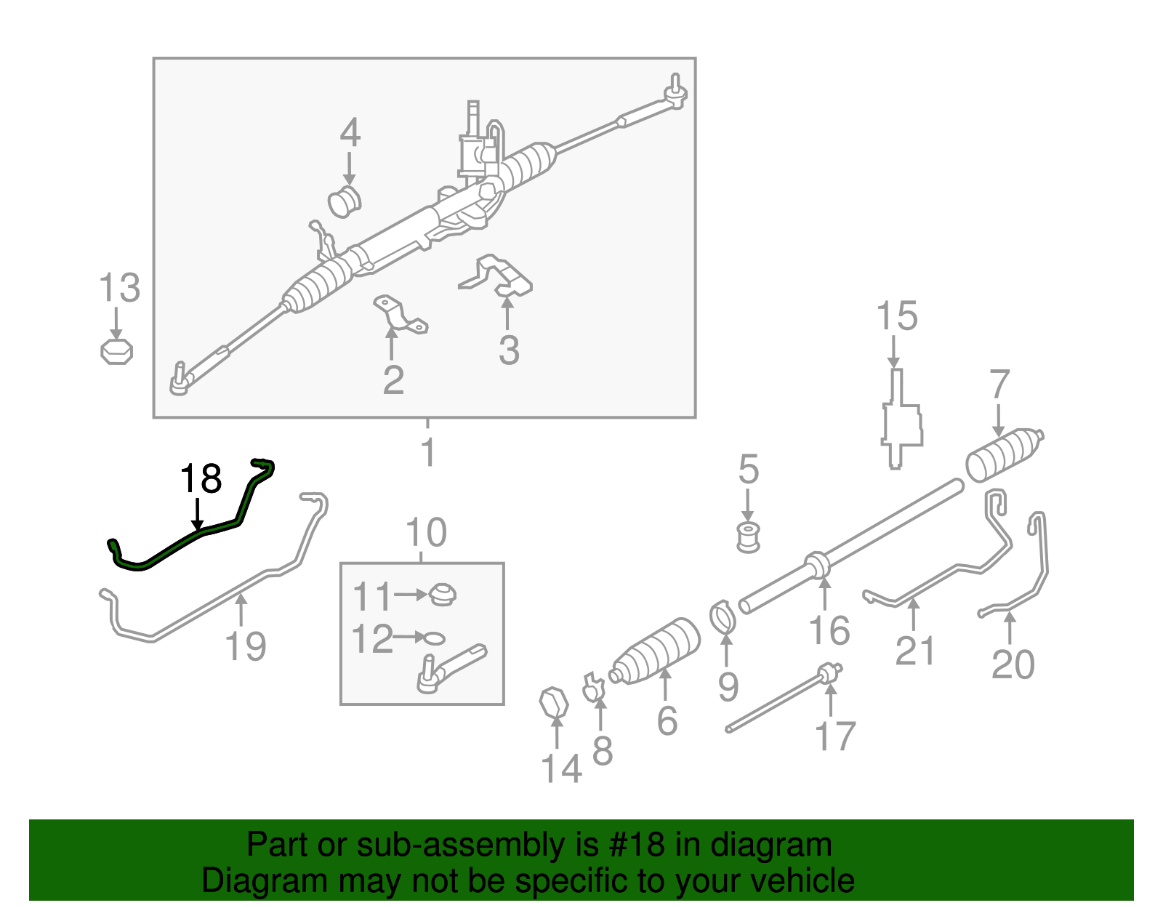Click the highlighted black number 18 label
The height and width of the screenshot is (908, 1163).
coord(201,479)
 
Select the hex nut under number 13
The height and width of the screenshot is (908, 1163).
coord(116,351)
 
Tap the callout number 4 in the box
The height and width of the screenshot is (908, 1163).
coord(350,133)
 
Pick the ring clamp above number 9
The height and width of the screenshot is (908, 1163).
coord(723,616)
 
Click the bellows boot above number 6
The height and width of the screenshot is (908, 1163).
coord(656,651)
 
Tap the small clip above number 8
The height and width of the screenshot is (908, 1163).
coord(594,686)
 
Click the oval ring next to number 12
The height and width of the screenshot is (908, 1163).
coord(433,638)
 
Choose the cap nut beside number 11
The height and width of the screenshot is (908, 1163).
coord(441,595)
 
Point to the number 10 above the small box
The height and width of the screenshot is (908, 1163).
coord(426,534)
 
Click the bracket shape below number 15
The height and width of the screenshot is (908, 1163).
coord(901,422)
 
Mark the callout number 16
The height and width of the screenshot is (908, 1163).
coord(829,630)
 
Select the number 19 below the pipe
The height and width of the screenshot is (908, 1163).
coord(246,646)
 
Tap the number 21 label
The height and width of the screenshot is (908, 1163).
coord(914,650)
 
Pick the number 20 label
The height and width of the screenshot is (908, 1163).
coord(1013,664)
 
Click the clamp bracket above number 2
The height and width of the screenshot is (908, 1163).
coord(399,314)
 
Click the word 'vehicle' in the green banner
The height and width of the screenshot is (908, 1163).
coord(802,881)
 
